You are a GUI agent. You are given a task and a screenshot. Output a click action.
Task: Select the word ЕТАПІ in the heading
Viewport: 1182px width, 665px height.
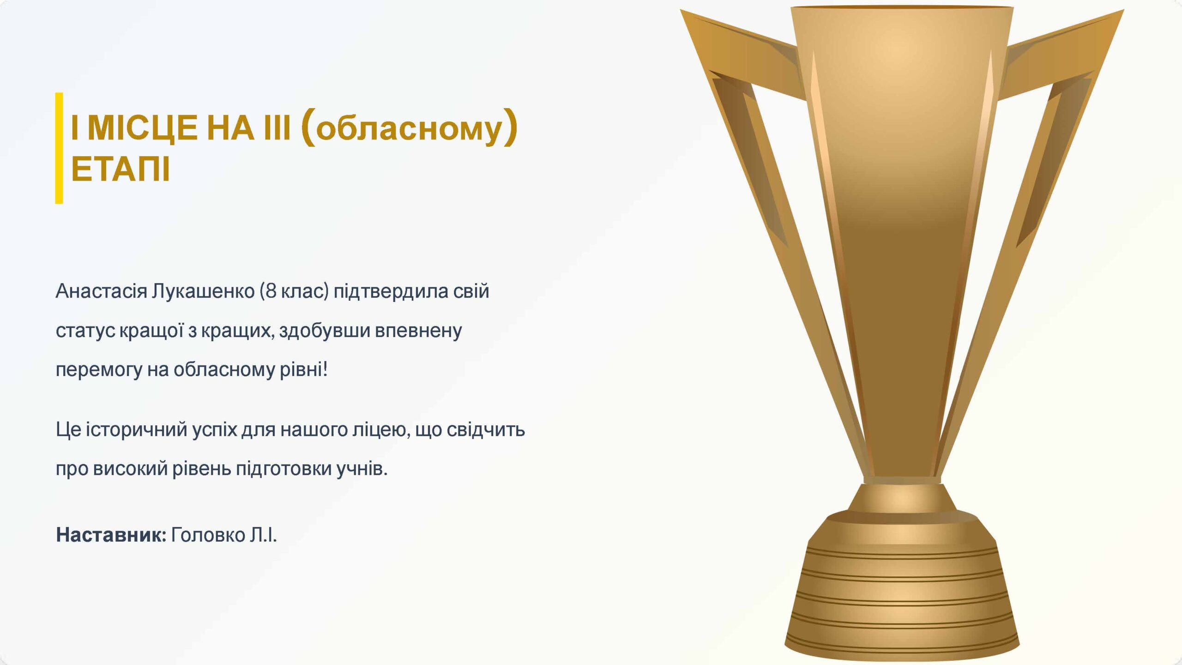pyautogui.click(x=121, y=169)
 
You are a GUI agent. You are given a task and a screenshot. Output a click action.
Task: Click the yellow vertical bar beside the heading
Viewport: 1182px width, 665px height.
pyautogui.click(x=59, y=148)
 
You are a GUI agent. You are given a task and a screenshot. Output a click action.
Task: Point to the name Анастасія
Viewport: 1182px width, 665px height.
pyautogui.click(x=102, y=291)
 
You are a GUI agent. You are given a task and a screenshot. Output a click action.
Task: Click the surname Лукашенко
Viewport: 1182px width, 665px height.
pyautogui.click(x=204, y=291)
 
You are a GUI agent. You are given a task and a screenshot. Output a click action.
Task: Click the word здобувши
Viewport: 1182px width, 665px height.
pyautogui.click(x=325, y=331)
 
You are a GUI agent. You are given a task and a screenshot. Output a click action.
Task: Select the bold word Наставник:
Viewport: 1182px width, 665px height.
pyautogui.click(x=111, y=535)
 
